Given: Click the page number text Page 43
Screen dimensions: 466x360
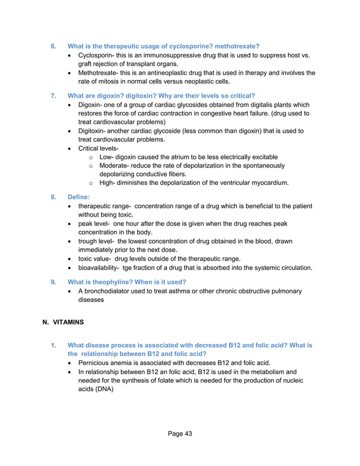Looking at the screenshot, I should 180,433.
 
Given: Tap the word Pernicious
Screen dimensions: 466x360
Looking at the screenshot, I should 95,363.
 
